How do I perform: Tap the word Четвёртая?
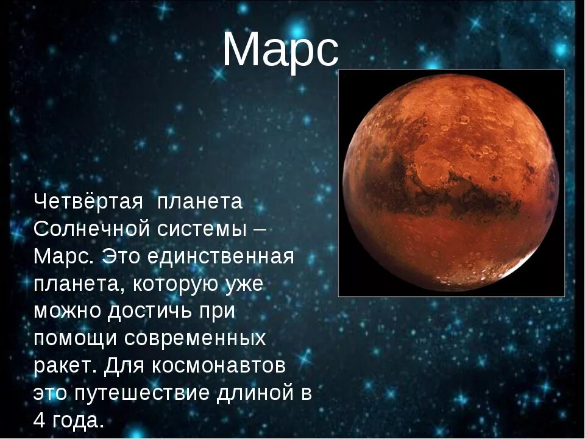tap(88, 201)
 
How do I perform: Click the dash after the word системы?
tap(258, 229)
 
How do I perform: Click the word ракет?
tap(63, 366)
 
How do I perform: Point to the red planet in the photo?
tap(451, 183)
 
